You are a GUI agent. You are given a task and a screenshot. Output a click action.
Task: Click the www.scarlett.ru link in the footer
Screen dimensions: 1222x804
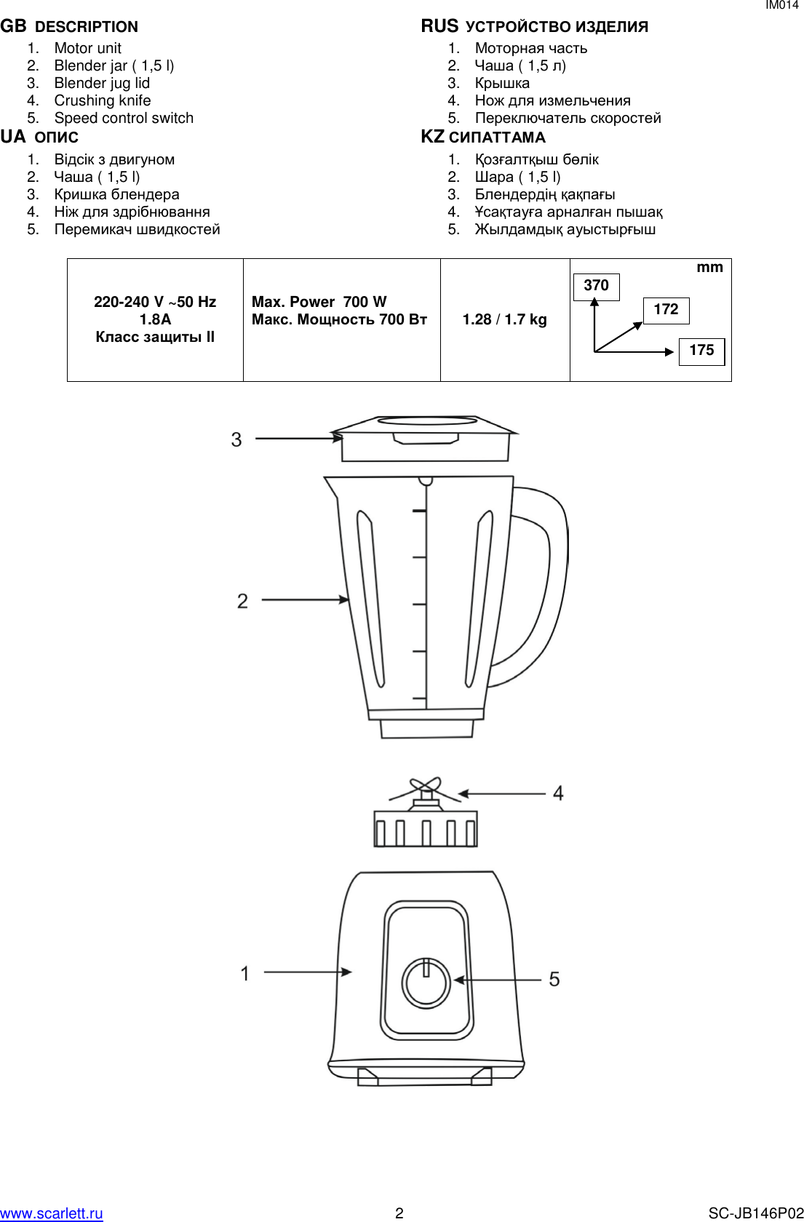click(x=51, y=1213)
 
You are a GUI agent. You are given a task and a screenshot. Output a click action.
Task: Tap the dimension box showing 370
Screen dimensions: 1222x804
click(x=596, y=286)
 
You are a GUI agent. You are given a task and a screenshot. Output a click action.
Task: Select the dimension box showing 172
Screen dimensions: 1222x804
click(x=666, y=310)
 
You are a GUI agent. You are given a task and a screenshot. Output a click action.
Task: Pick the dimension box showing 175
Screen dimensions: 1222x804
click(x=701, y=351)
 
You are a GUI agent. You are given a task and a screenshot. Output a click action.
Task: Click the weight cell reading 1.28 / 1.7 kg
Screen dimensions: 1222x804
click(x=504, y=319)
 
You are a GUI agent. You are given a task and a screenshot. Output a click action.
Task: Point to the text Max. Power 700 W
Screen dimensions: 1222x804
click(x=319, y=302)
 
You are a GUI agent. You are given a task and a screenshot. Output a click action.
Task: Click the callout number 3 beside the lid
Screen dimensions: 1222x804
click(x=236, y=439)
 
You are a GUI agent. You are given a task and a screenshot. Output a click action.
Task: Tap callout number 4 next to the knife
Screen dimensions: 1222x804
click(x=558, y=793)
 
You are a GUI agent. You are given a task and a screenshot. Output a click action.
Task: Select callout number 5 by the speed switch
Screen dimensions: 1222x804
click(x=554, y=979)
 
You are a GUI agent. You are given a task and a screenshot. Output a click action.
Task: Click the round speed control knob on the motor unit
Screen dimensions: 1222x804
click(x=426, y=983)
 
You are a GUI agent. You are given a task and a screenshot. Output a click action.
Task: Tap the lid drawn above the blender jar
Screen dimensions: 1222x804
click(x=425, y=438)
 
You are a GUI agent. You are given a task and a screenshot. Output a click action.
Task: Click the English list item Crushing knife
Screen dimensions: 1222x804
click(x=103, y=100)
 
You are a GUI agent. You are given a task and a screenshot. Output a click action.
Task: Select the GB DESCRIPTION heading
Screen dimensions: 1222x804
click(x=69, y=27)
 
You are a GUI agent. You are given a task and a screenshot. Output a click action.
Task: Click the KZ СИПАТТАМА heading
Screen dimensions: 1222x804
click(x=483, y=137)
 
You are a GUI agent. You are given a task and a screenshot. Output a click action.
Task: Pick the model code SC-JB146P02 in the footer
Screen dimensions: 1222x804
click(x=756, y=1213)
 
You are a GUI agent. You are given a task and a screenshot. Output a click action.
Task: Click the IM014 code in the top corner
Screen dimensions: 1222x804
click(x=781, y=5)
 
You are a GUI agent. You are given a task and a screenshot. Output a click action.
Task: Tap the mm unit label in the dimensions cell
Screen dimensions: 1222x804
click(x=709, y=267)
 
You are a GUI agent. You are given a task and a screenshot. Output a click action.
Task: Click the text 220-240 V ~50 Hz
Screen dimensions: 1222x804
click(x=155, y=302)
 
